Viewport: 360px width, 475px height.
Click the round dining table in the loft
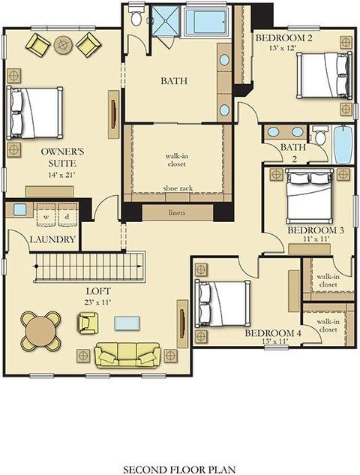40,331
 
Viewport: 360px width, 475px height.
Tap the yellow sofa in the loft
127,355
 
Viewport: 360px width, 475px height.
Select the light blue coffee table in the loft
127,323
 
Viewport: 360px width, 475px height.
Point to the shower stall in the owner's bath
166,20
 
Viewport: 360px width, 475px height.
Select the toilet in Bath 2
319,135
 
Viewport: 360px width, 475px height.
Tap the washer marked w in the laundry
46,215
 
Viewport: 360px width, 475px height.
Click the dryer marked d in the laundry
67,215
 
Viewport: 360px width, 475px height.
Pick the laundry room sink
20,209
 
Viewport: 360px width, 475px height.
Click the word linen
177,212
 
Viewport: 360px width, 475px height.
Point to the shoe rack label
178,188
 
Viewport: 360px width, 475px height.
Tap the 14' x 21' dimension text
61,175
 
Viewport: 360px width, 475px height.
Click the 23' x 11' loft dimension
98,302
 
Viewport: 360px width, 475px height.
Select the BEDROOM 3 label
315,230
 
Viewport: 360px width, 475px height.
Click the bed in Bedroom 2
324,75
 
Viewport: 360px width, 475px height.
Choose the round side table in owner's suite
63,45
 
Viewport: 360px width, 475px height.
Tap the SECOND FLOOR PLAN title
179,469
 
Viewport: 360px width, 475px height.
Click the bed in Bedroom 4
223,304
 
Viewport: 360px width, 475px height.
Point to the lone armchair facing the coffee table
88,323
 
